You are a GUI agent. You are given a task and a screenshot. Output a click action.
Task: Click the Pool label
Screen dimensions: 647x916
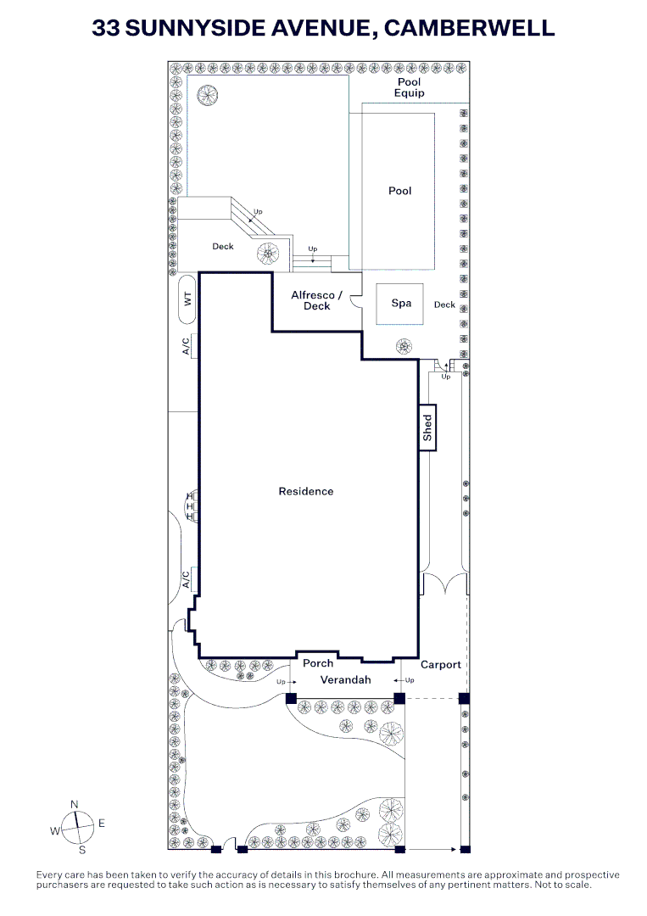click(400, 191)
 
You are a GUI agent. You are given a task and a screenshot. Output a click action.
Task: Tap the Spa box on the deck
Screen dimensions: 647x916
click(400, 304)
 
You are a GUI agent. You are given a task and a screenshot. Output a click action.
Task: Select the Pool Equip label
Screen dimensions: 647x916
click(410, 87)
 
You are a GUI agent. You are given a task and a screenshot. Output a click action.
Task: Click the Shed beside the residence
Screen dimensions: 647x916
click(427, 427)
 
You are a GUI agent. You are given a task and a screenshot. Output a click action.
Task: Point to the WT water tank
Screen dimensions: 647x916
click(187, 299)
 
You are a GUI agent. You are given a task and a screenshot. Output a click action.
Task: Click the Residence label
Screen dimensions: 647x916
click(306, 492)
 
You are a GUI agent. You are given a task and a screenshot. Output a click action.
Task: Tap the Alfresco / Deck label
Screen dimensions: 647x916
click(316, 301)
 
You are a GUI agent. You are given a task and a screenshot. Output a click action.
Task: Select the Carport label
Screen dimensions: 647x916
click(441, 665)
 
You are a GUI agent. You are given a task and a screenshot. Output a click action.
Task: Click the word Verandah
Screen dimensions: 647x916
click(346, 680)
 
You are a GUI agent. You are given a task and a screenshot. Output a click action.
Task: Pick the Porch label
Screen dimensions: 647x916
click(318, 663)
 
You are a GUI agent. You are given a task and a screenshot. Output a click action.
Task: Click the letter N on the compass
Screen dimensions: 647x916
click(74, 805)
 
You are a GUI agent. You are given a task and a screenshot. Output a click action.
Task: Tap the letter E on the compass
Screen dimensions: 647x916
click(102, 824)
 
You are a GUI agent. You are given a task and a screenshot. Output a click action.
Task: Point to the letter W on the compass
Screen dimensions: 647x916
click(55, 831)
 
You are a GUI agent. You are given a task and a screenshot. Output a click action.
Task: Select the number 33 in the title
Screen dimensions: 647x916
click(106, 28)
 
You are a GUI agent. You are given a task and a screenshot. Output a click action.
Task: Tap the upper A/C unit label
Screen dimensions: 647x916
click(187, 346)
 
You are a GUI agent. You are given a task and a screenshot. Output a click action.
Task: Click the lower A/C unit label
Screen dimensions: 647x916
click(187, 579)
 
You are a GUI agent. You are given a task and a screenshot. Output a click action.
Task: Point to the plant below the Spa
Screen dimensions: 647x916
click(404, 346)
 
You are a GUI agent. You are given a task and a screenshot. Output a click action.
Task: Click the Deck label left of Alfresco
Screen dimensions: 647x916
click(223, 247)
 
